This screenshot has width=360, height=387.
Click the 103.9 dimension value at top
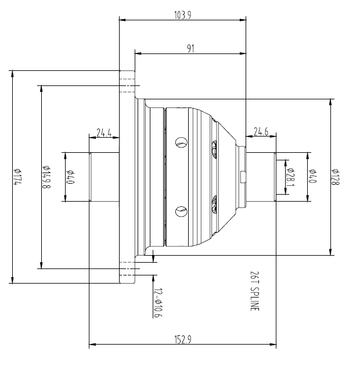tap(182, 16)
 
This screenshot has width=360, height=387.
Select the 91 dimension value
tap(190, 49)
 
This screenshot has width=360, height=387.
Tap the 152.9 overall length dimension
tap(182, 340)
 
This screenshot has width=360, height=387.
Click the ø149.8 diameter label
tap(45, 177)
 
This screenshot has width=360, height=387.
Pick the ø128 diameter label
tap(335, 177)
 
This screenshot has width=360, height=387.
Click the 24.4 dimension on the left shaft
tap(104, 133)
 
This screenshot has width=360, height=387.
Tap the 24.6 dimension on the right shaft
tap(262, 132)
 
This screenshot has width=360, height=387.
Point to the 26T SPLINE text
tap(254, 291)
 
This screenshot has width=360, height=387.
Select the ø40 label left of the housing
tap(70, 177)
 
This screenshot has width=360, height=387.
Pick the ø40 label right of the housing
tap(312, 177)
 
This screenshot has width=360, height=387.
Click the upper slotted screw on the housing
tap(181, 142)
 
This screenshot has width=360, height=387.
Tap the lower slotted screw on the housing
tap(181, 212)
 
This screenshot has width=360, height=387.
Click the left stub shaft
tap(104, 177)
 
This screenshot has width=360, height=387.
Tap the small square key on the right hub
tap(243, 177)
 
